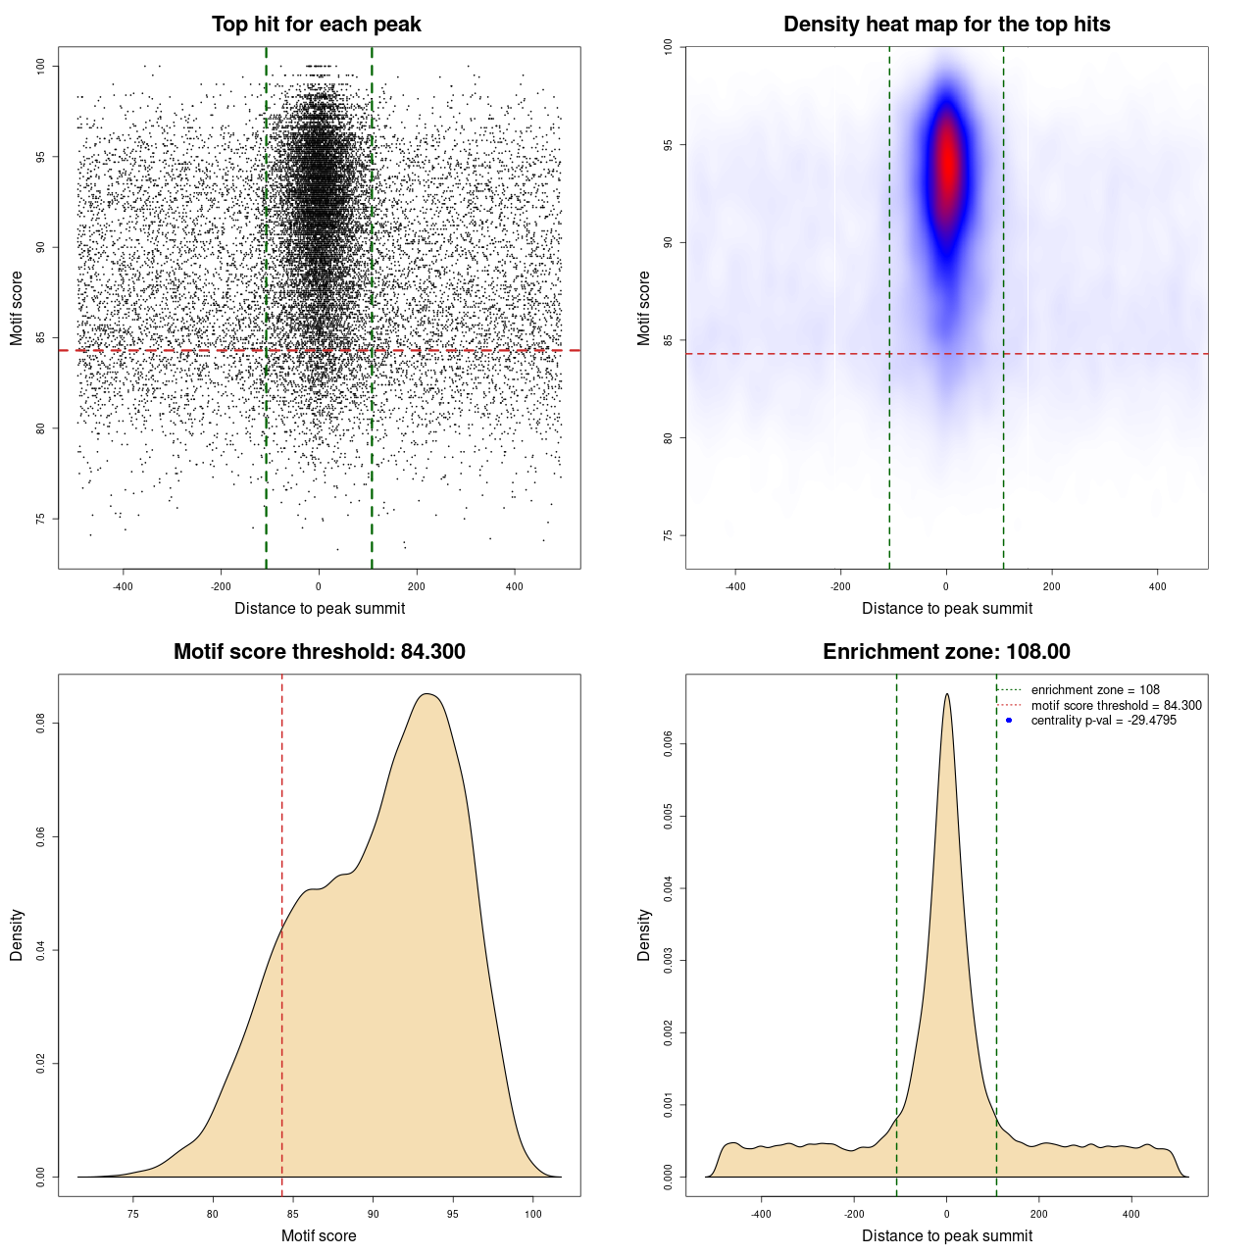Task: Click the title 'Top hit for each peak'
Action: (316, 25)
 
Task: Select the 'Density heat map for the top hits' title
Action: (946, 25)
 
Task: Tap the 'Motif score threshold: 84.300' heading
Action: (319, 652)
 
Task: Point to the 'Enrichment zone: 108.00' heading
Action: (946, 652)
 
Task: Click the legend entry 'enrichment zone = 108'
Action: (1095, 690)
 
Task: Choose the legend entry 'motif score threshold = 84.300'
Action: (1116, 706)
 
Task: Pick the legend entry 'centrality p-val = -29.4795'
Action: (1103, 721)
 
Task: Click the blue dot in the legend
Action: (1009, 721)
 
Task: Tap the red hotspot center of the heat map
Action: (946, 162)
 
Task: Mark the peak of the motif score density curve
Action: (427, 694)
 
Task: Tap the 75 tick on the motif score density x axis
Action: (133, 1214)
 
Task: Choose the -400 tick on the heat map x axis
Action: (735, 586)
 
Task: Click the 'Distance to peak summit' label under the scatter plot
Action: (320, 609)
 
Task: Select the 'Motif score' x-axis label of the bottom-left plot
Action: (319, 1235)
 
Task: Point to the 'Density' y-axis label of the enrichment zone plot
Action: (644, 934)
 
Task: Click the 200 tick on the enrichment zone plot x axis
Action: (1039, 1214)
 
